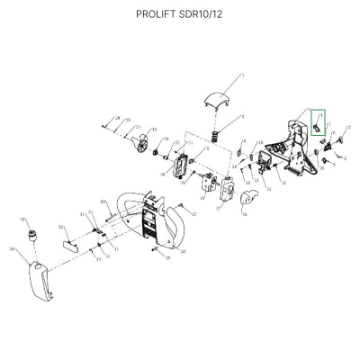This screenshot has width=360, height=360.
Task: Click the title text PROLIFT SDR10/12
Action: (x=180, y=15)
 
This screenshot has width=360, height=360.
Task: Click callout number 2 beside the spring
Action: (x=243, y=117)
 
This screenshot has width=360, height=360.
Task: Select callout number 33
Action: (x=22, y=219)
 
